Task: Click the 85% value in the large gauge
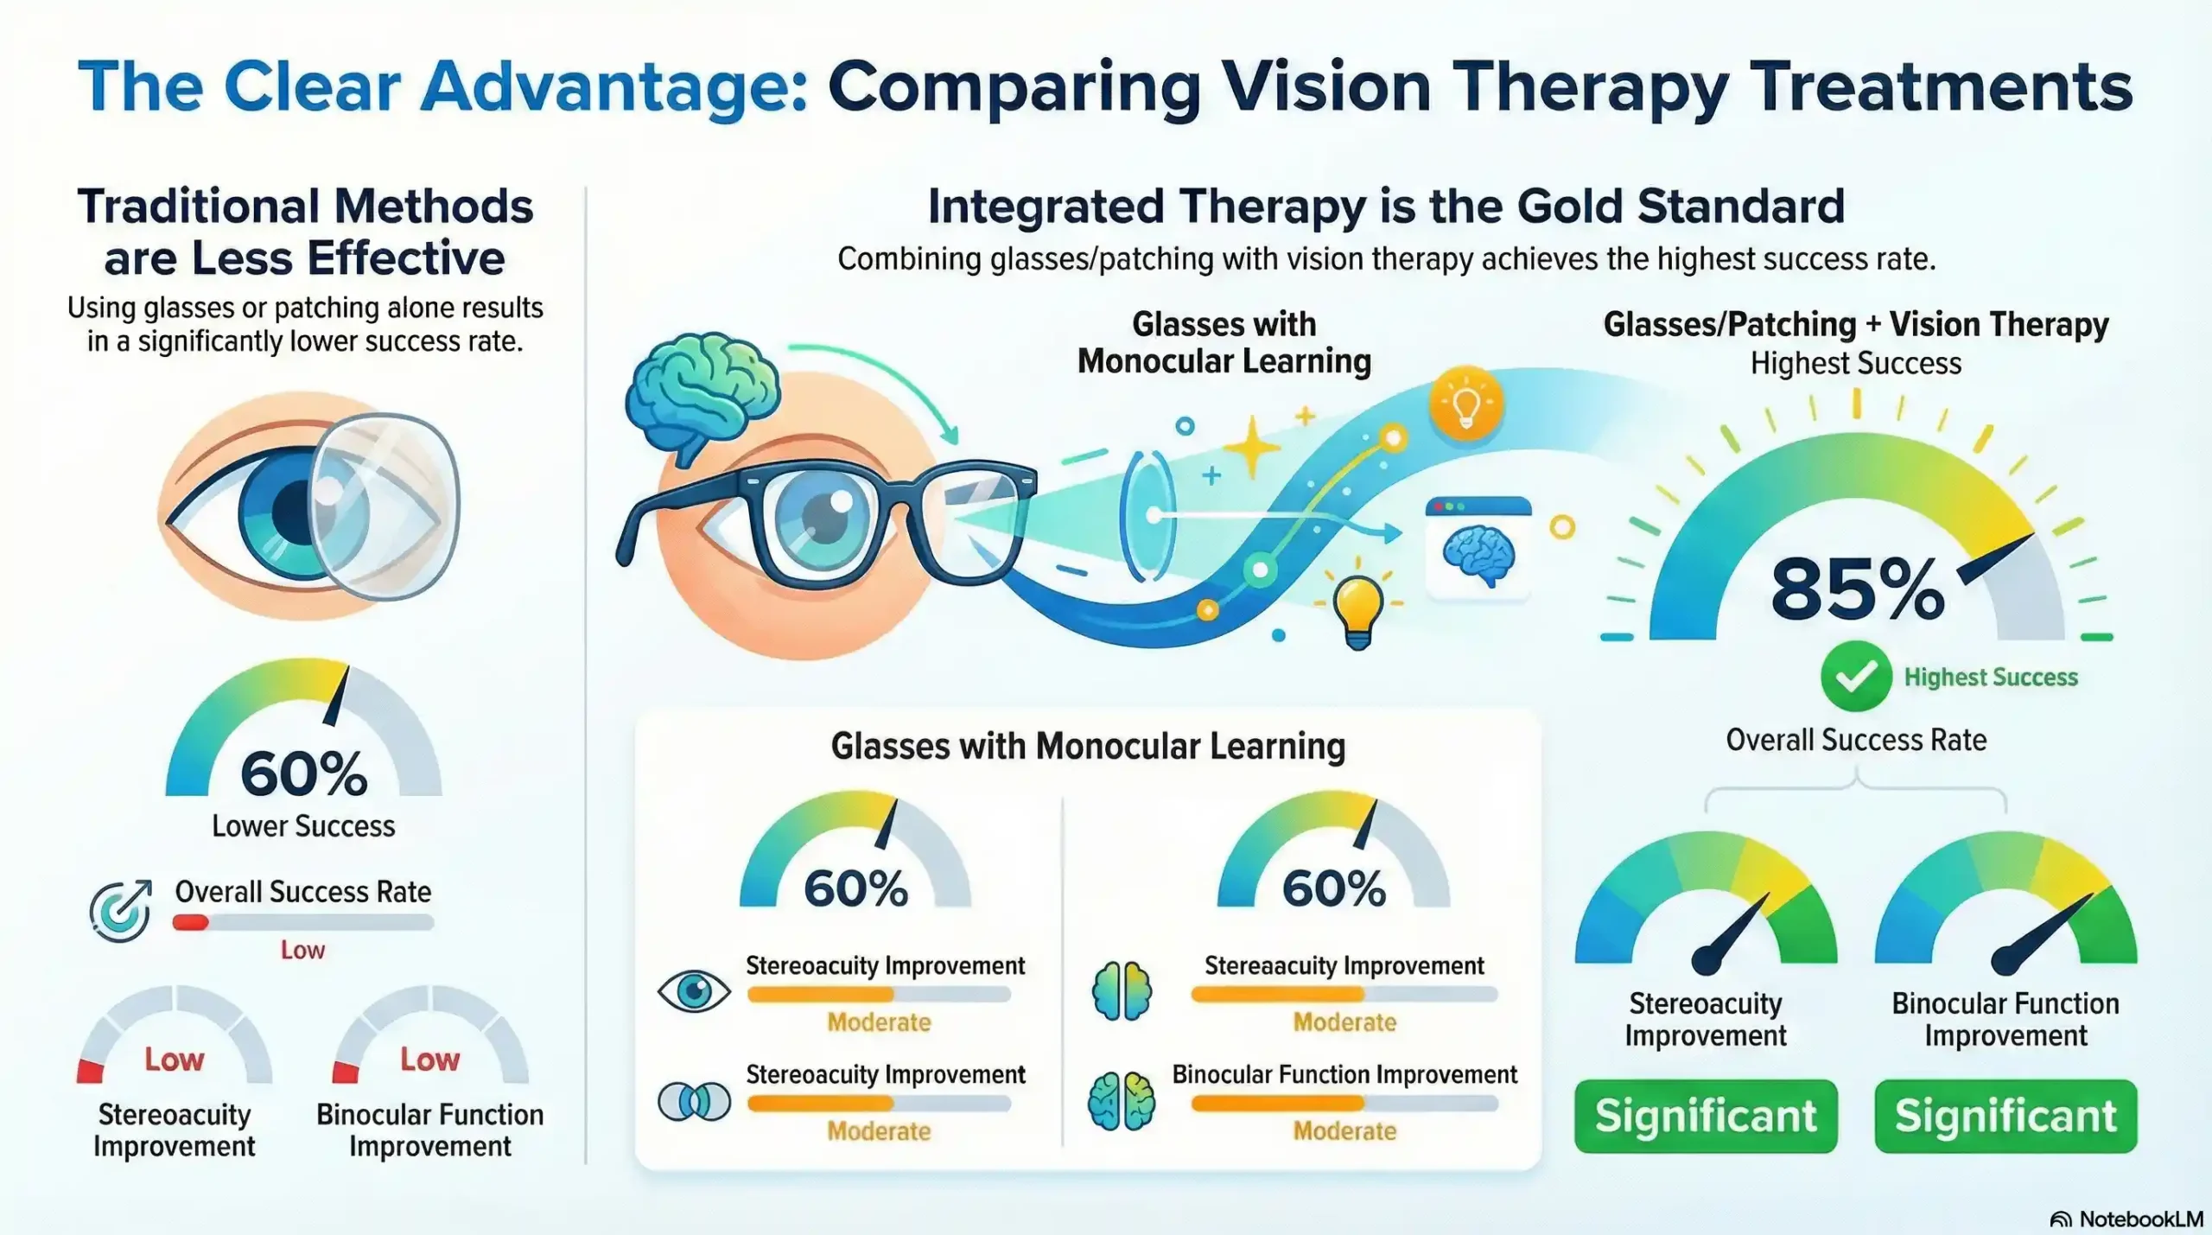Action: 1857,590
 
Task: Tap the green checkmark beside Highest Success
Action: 1855,677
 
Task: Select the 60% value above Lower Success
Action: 303,773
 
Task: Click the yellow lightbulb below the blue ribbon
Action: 1357,610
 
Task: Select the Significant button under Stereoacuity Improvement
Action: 1705,1116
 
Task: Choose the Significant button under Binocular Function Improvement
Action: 2005,1116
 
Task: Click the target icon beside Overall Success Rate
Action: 120,911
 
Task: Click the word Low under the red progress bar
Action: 302,950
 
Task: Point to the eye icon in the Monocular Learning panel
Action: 694,990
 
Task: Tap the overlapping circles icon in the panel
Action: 694,1101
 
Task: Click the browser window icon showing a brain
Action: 1478,547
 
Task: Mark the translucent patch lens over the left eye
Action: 385,506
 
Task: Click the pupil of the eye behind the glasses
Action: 825,517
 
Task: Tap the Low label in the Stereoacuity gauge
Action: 174,1059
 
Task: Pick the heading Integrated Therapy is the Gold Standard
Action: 1386,207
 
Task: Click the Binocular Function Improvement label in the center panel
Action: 1344,1074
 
